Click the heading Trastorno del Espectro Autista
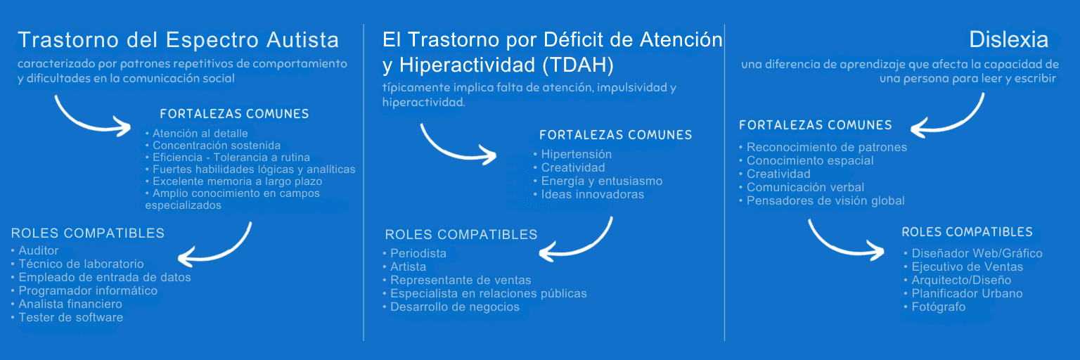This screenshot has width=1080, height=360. coord(178,39)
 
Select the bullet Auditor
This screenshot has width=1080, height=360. coord(38,250)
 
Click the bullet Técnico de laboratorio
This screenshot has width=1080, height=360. coord(80,264)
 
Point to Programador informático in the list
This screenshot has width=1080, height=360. coord(87,290)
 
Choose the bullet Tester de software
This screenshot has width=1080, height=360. coord(70,317)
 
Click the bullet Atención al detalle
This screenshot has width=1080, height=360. coord(200,133)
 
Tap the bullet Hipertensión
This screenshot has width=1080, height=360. coord(576,154)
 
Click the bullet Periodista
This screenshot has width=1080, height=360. coord(418,253)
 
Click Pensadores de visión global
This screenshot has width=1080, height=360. coord(825,200)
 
